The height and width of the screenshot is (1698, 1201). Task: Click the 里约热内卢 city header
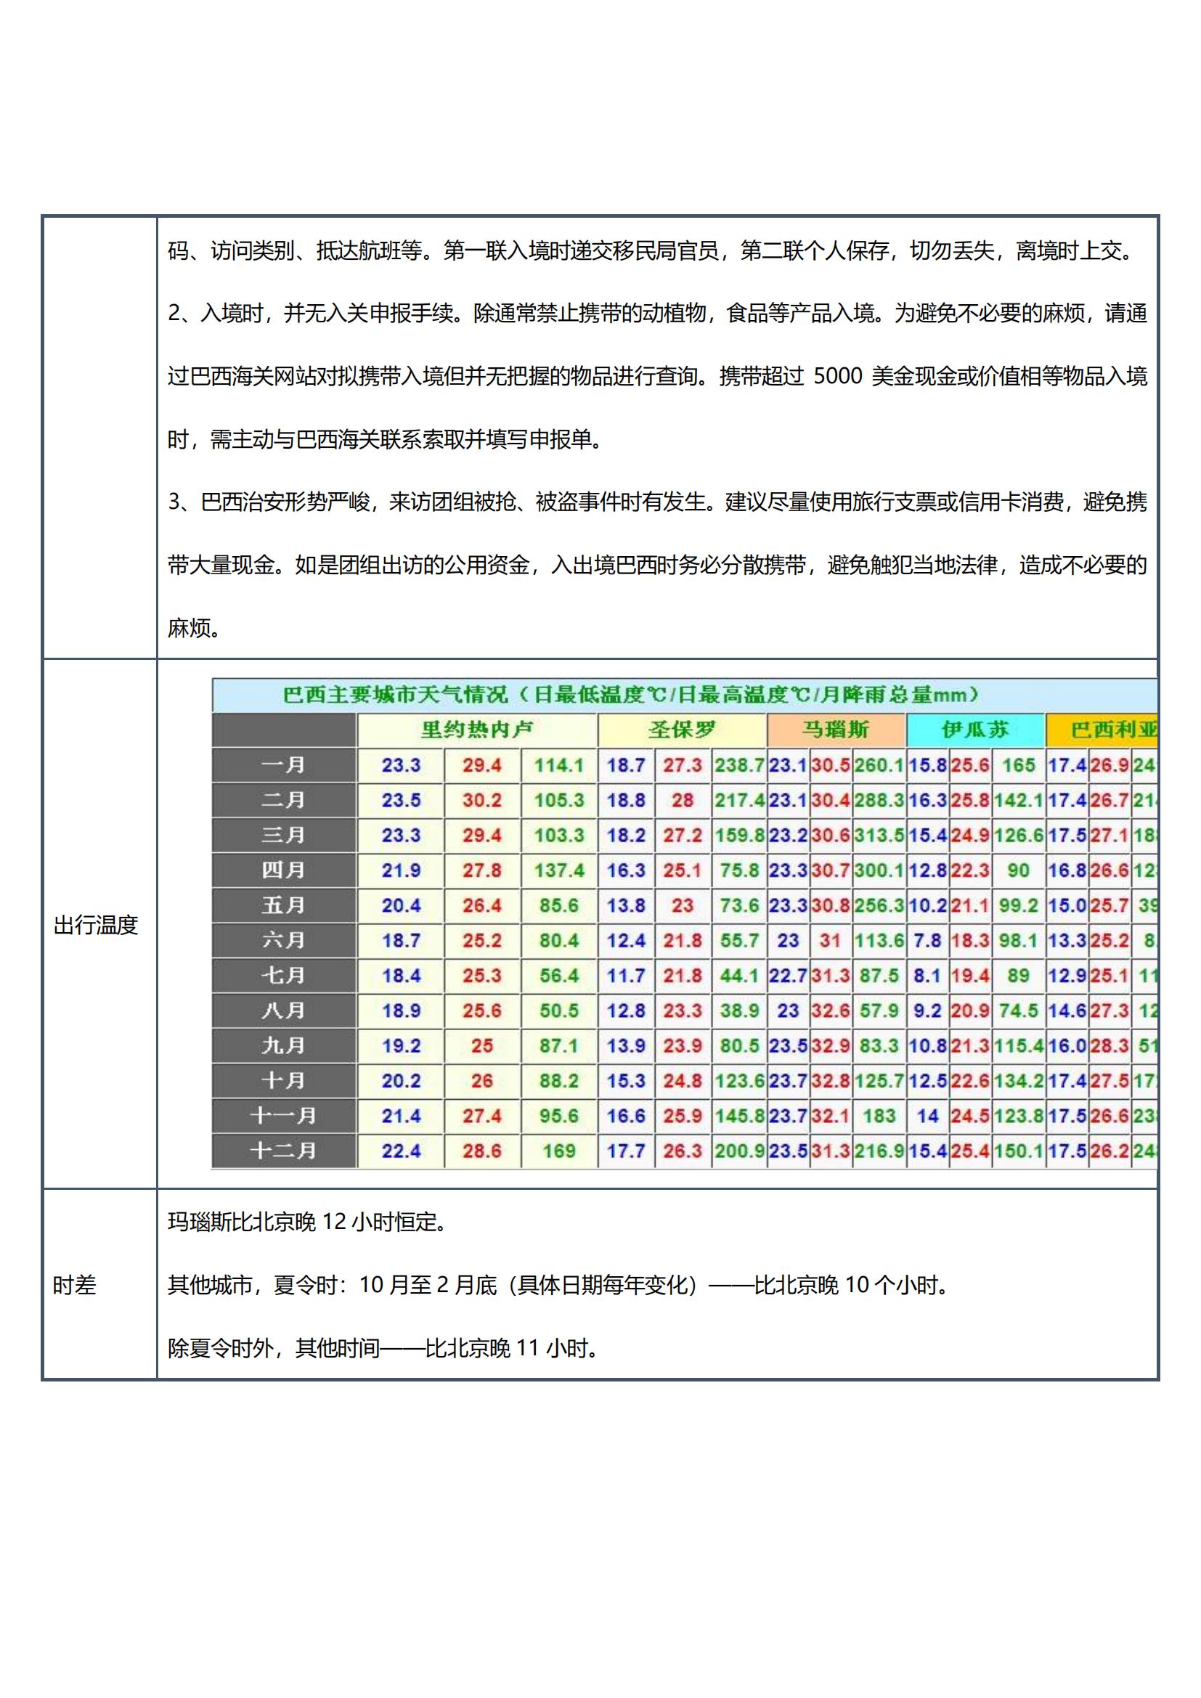tap(476, 730)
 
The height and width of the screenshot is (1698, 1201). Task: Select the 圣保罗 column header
tap(682, 730)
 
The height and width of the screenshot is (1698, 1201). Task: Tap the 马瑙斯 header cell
tap(836, 730)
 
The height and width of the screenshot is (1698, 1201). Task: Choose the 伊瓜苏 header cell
tap(974, 730)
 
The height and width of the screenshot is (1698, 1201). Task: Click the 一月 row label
tap(283, 764)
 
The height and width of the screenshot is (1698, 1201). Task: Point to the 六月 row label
tap(283, 940)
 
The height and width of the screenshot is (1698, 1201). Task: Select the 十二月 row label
tap(283, 1151)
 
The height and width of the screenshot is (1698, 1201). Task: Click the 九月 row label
tap(283, 1045)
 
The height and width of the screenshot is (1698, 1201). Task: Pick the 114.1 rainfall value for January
tap(558, 764)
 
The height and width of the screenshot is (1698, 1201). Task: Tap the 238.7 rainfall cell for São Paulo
tap(738, 764)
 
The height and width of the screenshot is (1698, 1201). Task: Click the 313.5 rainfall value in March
tap(879, 835)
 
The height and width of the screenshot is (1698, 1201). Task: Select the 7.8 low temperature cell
tap(927, 940)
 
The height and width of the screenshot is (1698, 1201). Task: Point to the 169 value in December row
tap(558, 1151)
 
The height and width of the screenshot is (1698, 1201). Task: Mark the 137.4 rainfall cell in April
tap(558, 870)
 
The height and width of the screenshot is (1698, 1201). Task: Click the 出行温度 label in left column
tap(96, 924)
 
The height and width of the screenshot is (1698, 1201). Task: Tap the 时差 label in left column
tap(75, 1285)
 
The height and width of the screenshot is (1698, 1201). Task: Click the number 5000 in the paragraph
tap(837, 377)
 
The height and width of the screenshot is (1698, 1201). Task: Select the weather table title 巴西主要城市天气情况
tap(396, 695)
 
